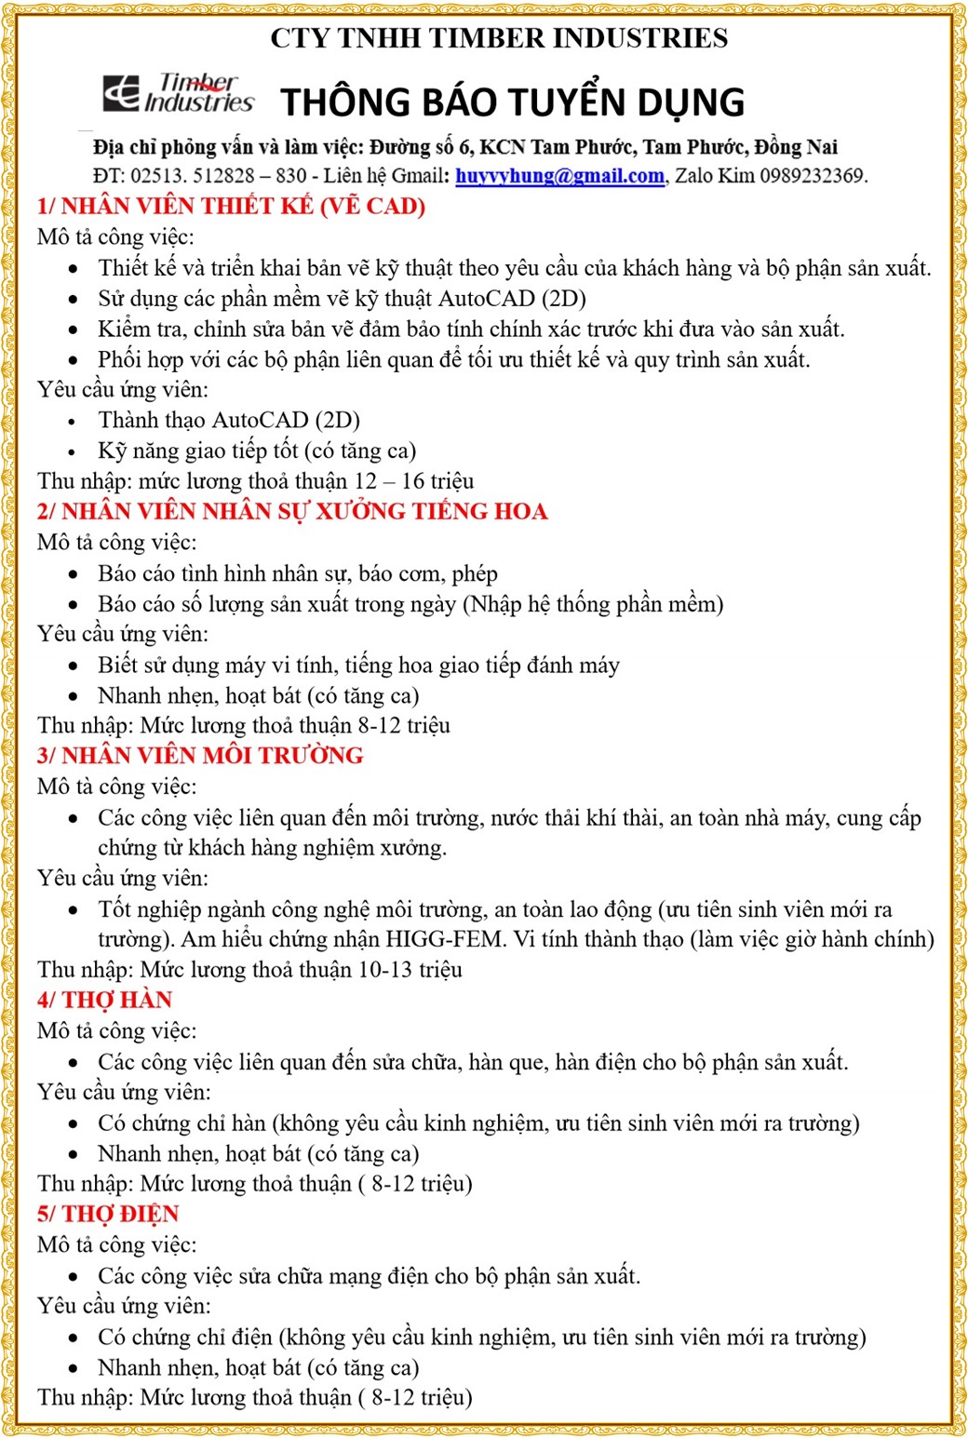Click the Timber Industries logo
[x=178, y=94]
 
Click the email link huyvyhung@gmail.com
[x=559, y=176]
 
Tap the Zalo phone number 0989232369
[x=813, y=176]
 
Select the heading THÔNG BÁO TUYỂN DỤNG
[x=512, y=102]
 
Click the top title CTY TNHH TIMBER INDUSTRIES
[x=499, y=38]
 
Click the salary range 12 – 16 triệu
[x=414, y=481]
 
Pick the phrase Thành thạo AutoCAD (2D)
[x=229, y=421]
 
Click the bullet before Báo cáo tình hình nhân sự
[x=74, y=575]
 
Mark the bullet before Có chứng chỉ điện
[x=74, y=1338]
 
